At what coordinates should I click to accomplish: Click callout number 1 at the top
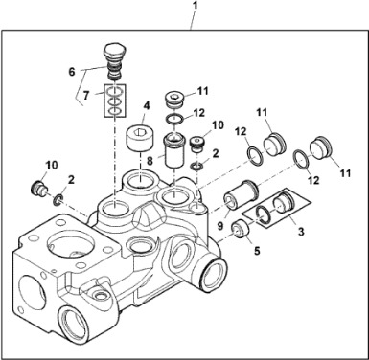pos(196,6)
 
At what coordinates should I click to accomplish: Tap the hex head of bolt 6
pos(115,50)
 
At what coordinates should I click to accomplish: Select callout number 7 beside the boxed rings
pos(86,96)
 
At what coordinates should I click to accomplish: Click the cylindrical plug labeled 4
pos(141,137)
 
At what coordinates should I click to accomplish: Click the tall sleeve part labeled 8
pos(173,150)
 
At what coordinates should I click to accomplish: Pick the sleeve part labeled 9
pos(242,194)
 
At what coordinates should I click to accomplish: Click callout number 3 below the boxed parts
pos(301,232)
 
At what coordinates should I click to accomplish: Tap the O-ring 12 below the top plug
pos(174,120)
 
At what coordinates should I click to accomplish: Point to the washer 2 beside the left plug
pos(58,199)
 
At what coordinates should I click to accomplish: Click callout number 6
pos(72,72)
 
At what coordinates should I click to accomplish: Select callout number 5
pos(257,251)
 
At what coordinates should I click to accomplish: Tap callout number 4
pos(146,105)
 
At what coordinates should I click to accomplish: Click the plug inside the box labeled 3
pos(283,202)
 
